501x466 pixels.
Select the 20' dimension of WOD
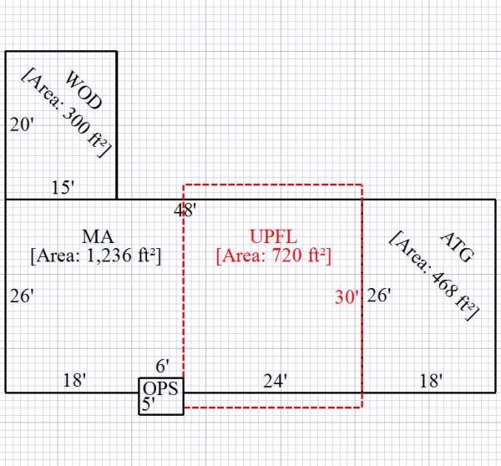pos(22,125)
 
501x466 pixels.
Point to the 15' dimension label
pos(62,188)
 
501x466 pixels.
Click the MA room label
pos(97,236)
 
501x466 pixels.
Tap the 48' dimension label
pos(185,210)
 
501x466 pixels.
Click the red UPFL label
pos(274,236)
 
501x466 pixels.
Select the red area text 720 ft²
pos(274,256)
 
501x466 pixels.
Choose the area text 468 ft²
pos(434,275)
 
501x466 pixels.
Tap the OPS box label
pos(160,389)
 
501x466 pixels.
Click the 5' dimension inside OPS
pos(150,405)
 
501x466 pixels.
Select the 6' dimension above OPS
pos(163,366)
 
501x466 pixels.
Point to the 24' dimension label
pos(275,381)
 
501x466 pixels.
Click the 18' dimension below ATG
pos(431,381)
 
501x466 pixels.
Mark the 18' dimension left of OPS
pos(74,381)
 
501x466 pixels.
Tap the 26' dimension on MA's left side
pos(22,296)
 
